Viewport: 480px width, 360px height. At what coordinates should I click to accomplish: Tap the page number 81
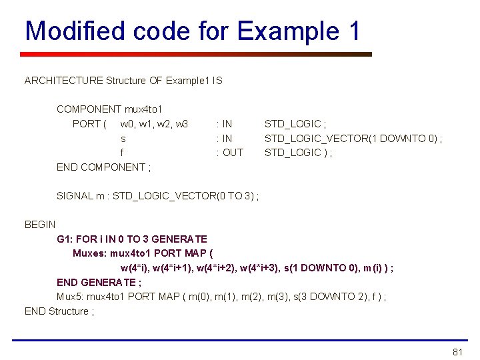pyautogui.click(x=457, y=352)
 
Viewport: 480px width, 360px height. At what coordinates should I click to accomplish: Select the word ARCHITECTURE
pyautogui.click(x=64, y=81)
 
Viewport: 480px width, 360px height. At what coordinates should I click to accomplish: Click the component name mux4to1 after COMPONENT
pyautogui.click(x=143, y=109)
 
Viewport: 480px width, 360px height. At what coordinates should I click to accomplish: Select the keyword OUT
pyautogui.click(x=233, y=153)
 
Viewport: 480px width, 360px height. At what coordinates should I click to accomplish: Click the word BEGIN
pyautogui.click(x=40, y=225)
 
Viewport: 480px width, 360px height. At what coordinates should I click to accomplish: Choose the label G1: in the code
pyautogui.click(x=65, y=239)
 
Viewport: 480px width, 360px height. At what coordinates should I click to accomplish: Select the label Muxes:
pyautogui.click(x=89, y=253)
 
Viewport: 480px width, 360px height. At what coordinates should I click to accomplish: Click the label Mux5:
pyautogui.click(x=71, y=297)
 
